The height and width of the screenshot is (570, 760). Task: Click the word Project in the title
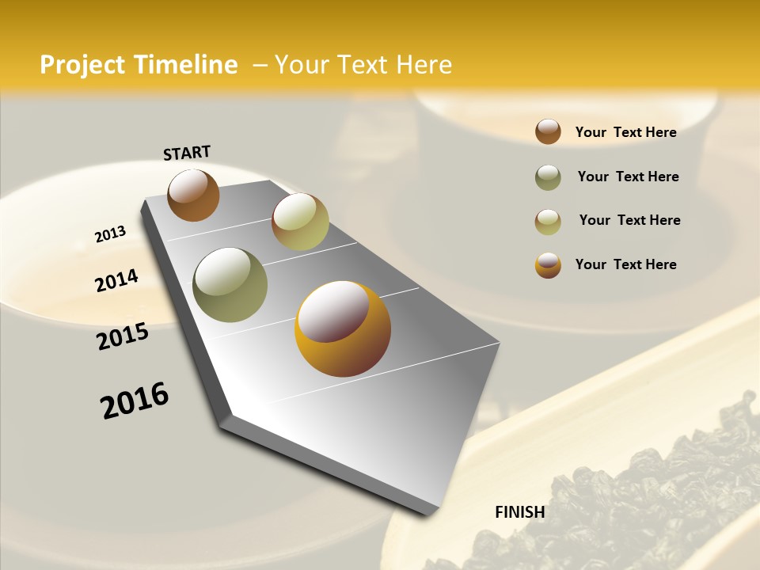(x=83, y=65)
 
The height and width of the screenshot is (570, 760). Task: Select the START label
(x=187, y=153)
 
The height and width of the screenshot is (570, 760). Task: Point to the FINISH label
(x=520, y=512)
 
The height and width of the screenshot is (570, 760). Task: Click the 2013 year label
(x=110, y=234)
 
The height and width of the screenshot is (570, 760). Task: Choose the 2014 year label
(x=116, y=281)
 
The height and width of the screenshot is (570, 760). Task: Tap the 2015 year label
(x=123, y=336)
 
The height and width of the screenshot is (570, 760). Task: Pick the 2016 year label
(x=135, y=401)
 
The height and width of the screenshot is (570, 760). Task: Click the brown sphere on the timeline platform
(x=193, y=195)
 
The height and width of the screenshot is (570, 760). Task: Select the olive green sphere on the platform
(x=230, y=285)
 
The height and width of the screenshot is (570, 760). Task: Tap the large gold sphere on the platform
(x=343, y=329)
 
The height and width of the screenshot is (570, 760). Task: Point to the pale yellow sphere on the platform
(x=300, y=222)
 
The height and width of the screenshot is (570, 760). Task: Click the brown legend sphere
(x=548, y=131)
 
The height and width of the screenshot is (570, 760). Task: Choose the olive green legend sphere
(x=548, y=177)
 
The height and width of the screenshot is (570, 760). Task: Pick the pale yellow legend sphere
(x=548, y=222)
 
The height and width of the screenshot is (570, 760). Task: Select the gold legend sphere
(x=548, y=265)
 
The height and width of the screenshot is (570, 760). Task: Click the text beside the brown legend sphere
(x=625, y=132)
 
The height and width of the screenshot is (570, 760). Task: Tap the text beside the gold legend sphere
(x=625, y=264)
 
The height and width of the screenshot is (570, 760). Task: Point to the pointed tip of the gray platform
(x=429, y=513)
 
